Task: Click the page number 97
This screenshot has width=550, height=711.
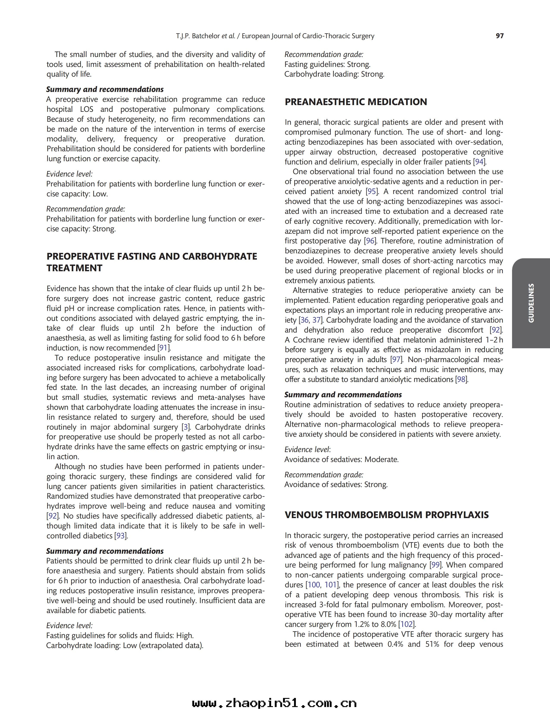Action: [x=500, y=36]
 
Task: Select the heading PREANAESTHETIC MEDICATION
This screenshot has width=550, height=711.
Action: [x=356, y=102]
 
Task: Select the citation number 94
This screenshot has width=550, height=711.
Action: [x=479, y=162]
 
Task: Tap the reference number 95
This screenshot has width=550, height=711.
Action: [x=371, y=191]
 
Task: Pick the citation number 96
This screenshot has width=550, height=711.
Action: [x=370, y=241]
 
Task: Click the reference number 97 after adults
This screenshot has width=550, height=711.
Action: [x=396, y=359]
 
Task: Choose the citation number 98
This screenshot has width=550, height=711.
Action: [x=461, y=379]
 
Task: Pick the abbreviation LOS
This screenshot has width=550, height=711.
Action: [x=86, y=109]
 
